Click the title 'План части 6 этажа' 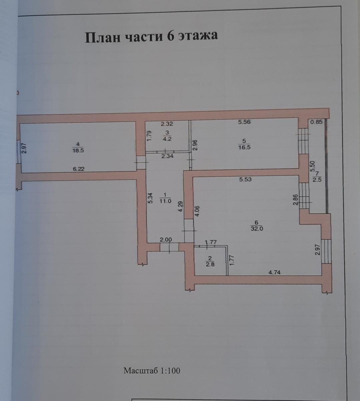pyautogui.click(x=151, y=36)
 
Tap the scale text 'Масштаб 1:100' pyautogui.click(x=152, y=371)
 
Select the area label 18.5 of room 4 pyautogui.click(x=78, y=150)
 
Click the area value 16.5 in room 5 pyautogui.click(x=244, y=147)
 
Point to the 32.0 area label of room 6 pyautogui.click(x=256, y=229)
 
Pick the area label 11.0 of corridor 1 pyautogui.click(x=165, y=201)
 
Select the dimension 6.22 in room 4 pyautogui.click(x=79, y=169)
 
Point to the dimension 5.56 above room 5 pyautogui.click(x=244, y=122)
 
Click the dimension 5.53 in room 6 pyautogui.click(x=245, y=179)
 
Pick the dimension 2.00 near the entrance pyautogui.click(x=166, y=240)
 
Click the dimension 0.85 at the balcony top pyautogui.click(x=316, y=122)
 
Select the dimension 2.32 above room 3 pyautogui.click(x=167, y=124)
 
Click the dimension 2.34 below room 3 pyautogui.click(x=167, y=156)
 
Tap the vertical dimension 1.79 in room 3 pyautogui.click(x=149, y=135)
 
